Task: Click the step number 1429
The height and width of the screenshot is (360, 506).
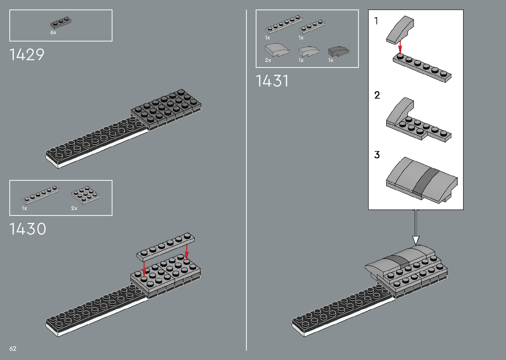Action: [27, 55]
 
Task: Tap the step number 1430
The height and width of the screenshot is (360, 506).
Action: [28, 229]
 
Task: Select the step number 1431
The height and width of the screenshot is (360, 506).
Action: [272, 81]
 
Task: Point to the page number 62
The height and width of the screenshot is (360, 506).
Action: [13, 348]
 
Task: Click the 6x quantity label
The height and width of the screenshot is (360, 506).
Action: [53, 32]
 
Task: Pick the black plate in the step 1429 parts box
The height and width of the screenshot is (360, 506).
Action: [61, 22]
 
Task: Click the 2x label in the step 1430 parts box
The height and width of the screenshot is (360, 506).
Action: [74, 208]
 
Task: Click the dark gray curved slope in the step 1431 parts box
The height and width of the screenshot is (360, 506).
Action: [338, 51]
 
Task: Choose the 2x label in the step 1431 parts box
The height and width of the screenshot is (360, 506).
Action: [268, 60]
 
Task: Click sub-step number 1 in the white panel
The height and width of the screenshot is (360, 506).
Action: [376, 21]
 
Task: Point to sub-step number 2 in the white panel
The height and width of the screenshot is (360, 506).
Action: [377, 95]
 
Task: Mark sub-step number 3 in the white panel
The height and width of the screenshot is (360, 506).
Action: [377, 155]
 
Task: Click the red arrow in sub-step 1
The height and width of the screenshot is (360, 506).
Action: [400, 47]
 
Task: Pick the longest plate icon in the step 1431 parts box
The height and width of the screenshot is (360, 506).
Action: [284, 24]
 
